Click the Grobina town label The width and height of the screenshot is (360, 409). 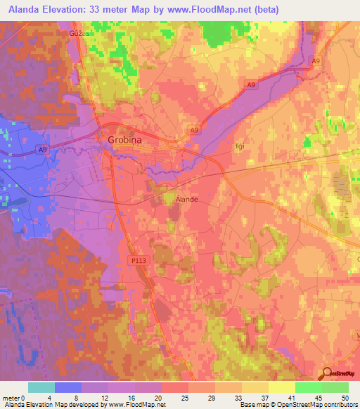(124, 140)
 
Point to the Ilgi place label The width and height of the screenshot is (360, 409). (240, 148)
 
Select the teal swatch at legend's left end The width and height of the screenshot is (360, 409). (41, 387)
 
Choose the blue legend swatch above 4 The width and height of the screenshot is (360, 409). (68, 387)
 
